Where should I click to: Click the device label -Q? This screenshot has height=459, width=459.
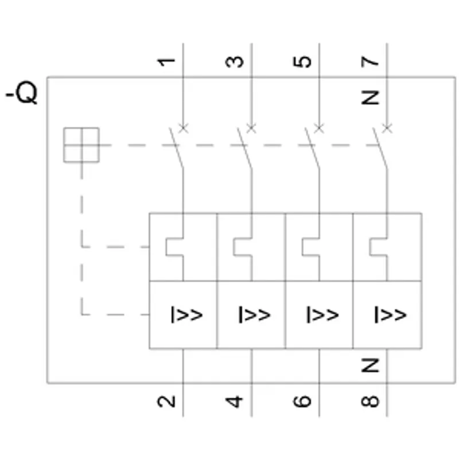[x=22, y=92]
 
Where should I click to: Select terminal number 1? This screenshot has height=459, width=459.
[x=166, y=62]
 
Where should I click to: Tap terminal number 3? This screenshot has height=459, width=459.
[x=234, y=62]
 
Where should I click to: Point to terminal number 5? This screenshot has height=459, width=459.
[x=302, y=62]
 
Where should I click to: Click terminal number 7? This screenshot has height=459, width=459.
[x=370, y=62]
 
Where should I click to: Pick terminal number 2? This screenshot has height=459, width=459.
[x=166, y=401]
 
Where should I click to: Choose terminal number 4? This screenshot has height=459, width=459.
[x=234, y=401]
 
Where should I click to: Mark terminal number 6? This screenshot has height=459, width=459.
[x=302, y=401]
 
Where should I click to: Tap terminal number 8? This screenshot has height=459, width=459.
[x=370, y=401]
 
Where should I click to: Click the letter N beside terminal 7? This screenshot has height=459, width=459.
[x=370, y=98]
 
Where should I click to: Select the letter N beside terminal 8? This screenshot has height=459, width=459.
[x=370, y=365]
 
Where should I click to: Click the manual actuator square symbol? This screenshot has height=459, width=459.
[x=81, y=145]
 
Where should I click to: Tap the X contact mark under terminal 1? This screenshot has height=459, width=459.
[x=184, y=128]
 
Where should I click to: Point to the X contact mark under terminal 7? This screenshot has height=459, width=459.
[x=387, y=128]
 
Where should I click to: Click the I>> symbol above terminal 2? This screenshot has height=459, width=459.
[x=186, y=314]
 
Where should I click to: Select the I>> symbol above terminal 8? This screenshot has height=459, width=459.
[x=390, y=314]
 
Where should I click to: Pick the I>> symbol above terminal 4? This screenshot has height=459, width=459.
[x=254, y=314]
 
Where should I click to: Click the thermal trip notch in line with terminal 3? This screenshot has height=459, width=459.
[x=243, y=247]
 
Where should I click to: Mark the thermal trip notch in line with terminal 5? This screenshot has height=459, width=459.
[x=311, y=247]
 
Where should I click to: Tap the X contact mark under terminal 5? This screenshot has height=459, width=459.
[x=319, y=128]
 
